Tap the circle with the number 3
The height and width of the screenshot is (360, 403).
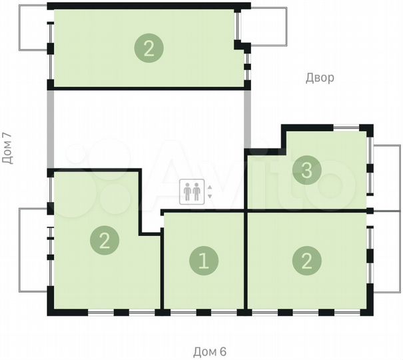coord(306,171)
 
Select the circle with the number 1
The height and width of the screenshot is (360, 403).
coord(204,261)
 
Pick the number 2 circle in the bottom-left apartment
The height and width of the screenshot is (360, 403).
coord(104,239)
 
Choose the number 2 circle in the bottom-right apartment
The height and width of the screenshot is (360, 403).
coord(306,261)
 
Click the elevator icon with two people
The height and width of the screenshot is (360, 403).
coord(192,192)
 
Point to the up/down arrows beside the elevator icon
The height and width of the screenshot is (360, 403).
coord(210,192)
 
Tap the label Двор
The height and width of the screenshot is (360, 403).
coord(320,78)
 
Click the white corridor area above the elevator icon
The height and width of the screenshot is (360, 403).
coord(150,127)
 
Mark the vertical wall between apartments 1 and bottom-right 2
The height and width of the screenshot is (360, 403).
coord(246,261)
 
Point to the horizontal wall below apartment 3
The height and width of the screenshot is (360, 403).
coord(306,211)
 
